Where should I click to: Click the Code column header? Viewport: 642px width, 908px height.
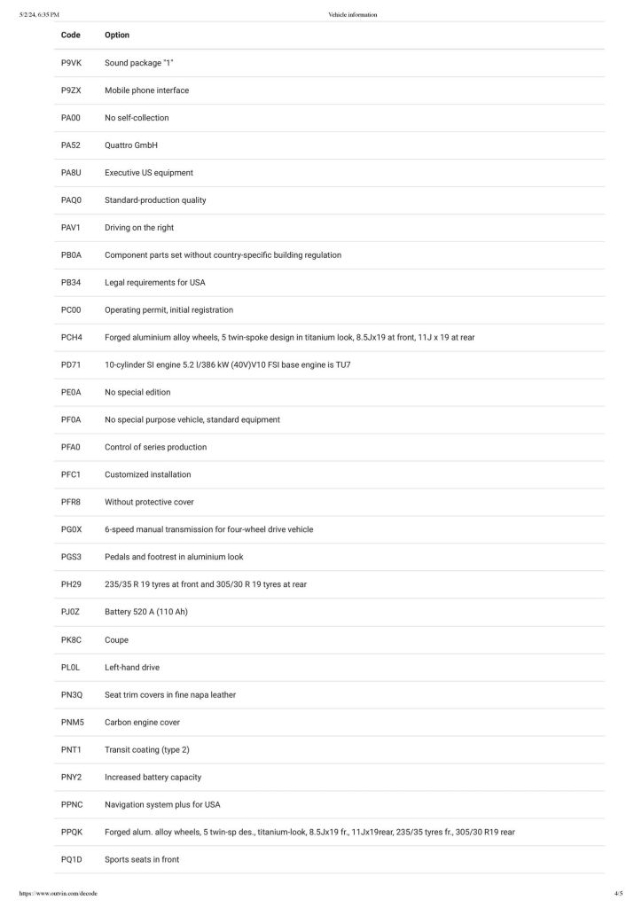[71, 35]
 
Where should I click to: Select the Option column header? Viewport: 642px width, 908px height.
[117, 35]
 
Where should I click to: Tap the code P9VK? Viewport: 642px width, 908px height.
[71, 63]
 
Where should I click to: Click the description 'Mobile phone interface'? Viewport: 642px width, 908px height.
[146, 90]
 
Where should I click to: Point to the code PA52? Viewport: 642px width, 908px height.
[71, 145]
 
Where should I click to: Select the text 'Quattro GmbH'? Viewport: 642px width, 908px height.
[130, 145]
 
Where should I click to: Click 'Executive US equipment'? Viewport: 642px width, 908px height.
[148, 173]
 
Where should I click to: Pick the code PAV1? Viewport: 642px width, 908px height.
[71, 228]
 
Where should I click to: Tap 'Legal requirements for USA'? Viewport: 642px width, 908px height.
[155, 283]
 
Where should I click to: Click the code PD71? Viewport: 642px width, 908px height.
[71, 365]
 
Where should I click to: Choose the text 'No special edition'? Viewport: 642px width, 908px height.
[137, 393]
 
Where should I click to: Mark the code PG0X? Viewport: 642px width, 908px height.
[71, 529]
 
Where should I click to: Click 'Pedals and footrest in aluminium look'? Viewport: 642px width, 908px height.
[174, 557]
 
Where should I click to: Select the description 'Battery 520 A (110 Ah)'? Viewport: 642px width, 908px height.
[146, 612]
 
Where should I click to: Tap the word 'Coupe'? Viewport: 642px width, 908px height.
[117, 639]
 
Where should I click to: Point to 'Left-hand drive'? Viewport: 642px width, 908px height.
[132, 667]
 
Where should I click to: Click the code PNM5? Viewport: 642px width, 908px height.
[72, 722]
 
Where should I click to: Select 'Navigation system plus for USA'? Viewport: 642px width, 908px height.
[162, 804]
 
